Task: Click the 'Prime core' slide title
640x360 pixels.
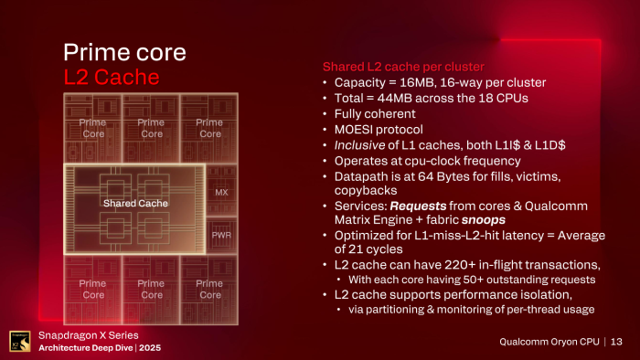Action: tap(123, 51)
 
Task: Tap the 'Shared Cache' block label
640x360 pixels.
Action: tap(135, 203)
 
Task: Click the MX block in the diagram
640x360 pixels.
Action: tap(220, 193)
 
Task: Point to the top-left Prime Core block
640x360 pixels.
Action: tap(93, 128)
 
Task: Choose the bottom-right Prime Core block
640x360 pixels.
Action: tap(209, 289)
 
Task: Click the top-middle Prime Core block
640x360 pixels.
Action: tap(151, 128)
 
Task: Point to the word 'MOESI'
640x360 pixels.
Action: tap(355, 131)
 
